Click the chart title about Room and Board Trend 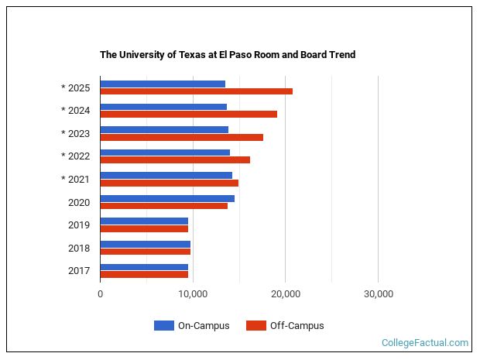point(228,55)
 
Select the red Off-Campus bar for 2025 point(196,91)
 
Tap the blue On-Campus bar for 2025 point(163,84)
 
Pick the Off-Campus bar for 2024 point(188,115)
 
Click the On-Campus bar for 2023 point(164,129)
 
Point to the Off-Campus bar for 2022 point(175,160)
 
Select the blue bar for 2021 point(166,175)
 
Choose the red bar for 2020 point(163,206)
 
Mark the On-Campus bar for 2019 point(144,221)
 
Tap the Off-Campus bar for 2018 point(145,252)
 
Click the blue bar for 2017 point(144,266)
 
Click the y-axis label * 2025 point(76,87)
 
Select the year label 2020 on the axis point(79,202)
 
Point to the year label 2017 point(79,271)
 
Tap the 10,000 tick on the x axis point(193,294)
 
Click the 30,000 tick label point(378,294)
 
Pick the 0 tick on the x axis point(100,294)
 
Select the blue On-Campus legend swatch point(163,326)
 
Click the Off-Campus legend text point(297,326)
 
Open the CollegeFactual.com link point(424,343)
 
